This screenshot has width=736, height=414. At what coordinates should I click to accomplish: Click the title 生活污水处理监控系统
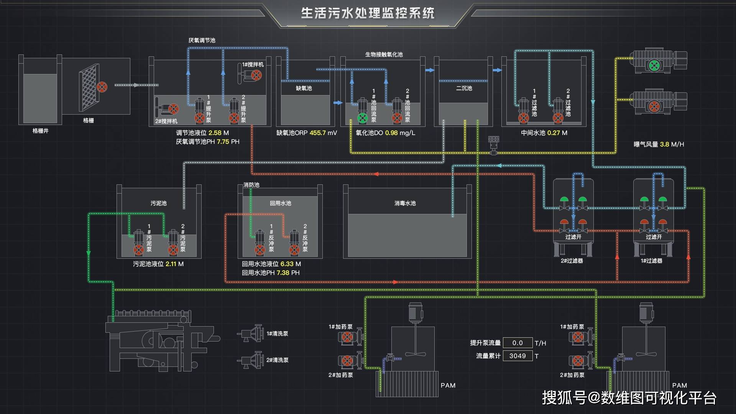(x=368, y=13)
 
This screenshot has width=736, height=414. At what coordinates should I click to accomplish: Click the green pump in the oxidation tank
(x=362, y=118)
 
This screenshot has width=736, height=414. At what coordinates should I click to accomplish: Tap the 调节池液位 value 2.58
(x=215, y=133)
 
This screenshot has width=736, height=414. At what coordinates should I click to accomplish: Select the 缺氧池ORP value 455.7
(x=317, y=133)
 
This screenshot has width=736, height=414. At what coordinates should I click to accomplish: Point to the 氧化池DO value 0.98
(x=391, y=133)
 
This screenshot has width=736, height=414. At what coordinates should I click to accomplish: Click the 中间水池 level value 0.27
(x=554, y=133)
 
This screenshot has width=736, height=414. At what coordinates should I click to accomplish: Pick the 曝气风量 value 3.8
(x=664, y=145)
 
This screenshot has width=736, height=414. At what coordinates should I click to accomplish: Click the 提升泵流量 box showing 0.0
(x=517, y=343)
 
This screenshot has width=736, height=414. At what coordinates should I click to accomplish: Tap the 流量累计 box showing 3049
(x=517, y=356)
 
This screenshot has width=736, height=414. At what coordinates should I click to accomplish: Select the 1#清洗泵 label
(x=277, y=334)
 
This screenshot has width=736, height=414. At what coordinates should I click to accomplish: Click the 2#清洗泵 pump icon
(x=251, y=360)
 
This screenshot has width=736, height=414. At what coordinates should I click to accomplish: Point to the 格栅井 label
(x=40, y=131)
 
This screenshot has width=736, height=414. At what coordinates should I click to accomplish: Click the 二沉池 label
(x=464, y=88)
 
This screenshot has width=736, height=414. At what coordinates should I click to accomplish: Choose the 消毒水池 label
(x=405, y=203)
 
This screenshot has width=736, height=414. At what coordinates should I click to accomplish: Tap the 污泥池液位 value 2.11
(x=171, y=264)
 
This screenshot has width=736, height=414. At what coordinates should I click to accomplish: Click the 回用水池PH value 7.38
(x=283, y=273)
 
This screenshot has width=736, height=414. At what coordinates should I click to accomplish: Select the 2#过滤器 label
(x=572, y=261)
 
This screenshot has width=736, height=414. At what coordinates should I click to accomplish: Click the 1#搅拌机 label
(x=253, y=65)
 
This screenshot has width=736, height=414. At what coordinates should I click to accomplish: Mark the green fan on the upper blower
(x=654, y=66)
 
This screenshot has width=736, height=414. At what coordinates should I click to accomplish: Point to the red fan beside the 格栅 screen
(x=102, y=87)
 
